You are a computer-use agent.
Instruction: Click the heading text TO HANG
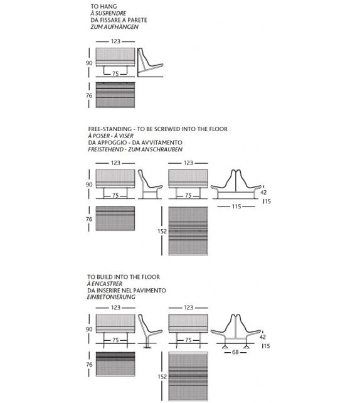[x=103, y=6]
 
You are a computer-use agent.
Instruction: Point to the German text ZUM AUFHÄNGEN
[x=114, y=28]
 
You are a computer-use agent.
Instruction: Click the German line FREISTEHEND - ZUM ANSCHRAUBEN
[x=135, y=150]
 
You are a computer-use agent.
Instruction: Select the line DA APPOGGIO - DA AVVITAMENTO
[x=135, y=142]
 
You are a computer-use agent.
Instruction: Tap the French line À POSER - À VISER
[x=110, y=136]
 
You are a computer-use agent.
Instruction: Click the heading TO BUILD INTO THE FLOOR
[x=124, y=277]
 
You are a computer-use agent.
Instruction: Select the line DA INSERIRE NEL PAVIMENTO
[x=127, y=291]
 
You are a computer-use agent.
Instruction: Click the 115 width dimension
[x=236, y=207]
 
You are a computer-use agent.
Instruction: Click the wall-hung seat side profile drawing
[x=149, y=63]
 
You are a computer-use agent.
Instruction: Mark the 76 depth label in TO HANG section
[x=89, y=95]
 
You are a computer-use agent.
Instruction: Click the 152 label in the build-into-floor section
[x=163, y=376]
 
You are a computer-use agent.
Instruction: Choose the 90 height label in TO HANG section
[x=89, y=63]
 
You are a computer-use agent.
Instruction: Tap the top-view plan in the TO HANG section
[x=115, y=95]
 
